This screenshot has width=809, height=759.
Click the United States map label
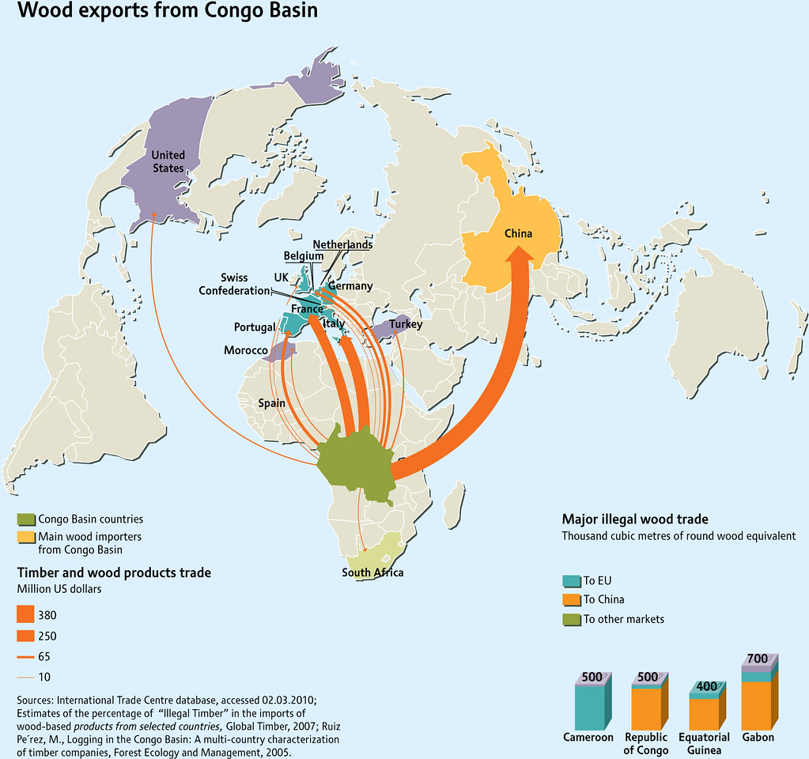pos(168,161)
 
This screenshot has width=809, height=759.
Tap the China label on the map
pos(519,233)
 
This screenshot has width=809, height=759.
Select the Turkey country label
pos(405,324)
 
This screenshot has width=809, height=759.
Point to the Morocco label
pos(244,350)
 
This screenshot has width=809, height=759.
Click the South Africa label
pos(372,572)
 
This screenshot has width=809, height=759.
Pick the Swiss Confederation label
pos(234,285)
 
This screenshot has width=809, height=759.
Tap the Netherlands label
pos(342,245)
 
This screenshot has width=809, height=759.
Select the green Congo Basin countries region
pos(356,463)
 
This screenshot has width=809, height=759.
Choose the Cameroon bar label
pos(588,737)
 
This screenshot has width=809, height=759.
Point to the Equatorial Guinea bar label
pos(704,743)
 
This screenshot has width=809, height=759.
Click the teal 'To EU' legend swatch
pos(572,580)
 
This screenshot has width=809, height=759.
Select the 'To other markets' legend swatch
pos(572,619)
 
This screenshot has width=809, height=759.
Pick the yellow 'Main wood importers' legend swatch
pos(26,538)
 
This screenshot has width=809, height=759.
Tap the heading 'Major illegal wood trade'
pos(635,519)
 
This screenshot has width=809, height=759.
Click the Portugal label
pos(255,327)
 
